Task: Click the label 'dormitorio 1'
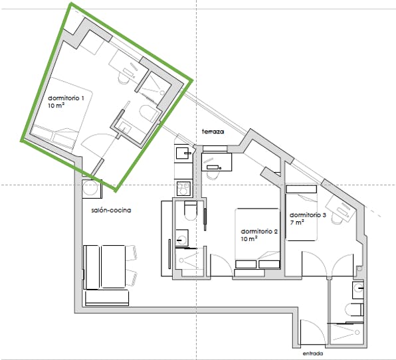point(66,98)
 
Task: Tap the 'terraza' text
point(213,132)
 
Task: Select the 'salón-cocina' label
point(111,211)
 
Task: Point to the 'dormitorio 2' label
point(259,232)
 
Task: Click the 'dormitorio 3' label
point(308,215)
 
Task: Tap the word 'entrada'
point(313,353)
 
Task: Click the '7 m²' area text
point(297,223)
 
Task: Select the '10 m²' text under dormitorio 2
point(249,238)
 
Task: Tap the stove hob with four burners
point(183,189)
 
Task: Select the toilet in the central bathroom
point(191,211)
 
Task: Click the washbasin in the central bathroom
point(182,237)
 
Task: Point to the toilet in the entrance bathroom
point(354,310)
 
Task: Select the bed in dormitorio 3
point(301,213)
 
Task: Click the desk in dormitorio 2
point(217,162)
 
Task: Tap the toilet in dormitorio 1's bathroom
point(148,114)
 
